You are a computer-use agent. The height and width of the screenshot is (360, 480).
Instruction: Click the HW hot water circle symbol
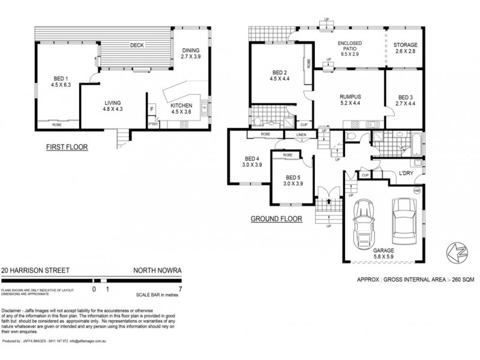[x=416, y=190]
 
